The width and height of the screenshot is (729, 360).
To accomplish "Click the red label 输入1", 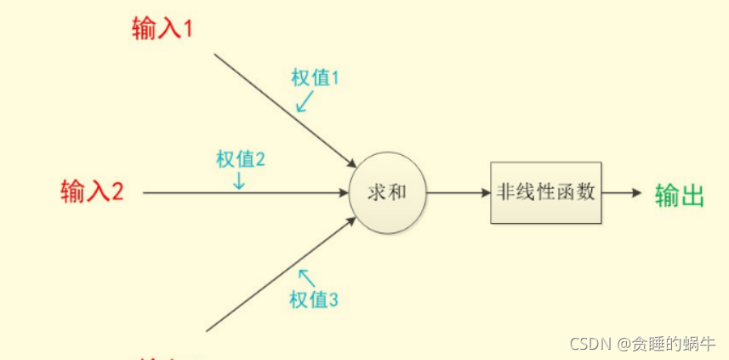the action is click(162, 29).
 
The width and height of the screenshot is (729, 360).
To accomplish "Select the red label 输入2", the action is click(93, 191).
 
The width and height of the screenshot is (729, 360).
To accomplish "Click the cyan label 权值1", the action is click(315, 79).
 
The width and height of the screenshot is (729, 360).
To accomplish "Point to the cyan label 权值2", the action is click(241, 159).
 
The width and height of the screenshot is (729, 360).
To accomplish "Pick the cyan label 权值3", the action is click(315, 300).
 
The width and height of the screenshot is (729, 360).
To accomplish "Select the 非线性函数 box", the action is click(545, 192).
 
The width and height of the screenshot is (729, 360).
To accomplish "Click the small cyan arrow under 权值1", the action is click(304, 102).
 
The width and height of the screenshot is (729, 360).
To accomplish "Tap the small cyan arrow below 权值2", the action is click(240, 180).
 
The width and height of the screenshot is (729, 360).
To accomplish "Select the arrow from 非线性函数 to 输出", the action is click(621, 192).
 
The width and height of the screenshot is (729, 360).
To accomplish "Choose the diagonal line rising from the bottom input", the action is click(272, 277).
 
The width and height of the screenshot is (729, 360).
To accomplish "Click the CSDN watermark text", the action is click(642, 344).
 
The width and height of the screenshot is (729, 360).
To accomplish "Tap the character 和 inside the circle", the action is click(397, 192).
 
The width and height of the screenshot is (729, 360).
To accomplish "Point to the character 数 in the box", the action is click(585, 192).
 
